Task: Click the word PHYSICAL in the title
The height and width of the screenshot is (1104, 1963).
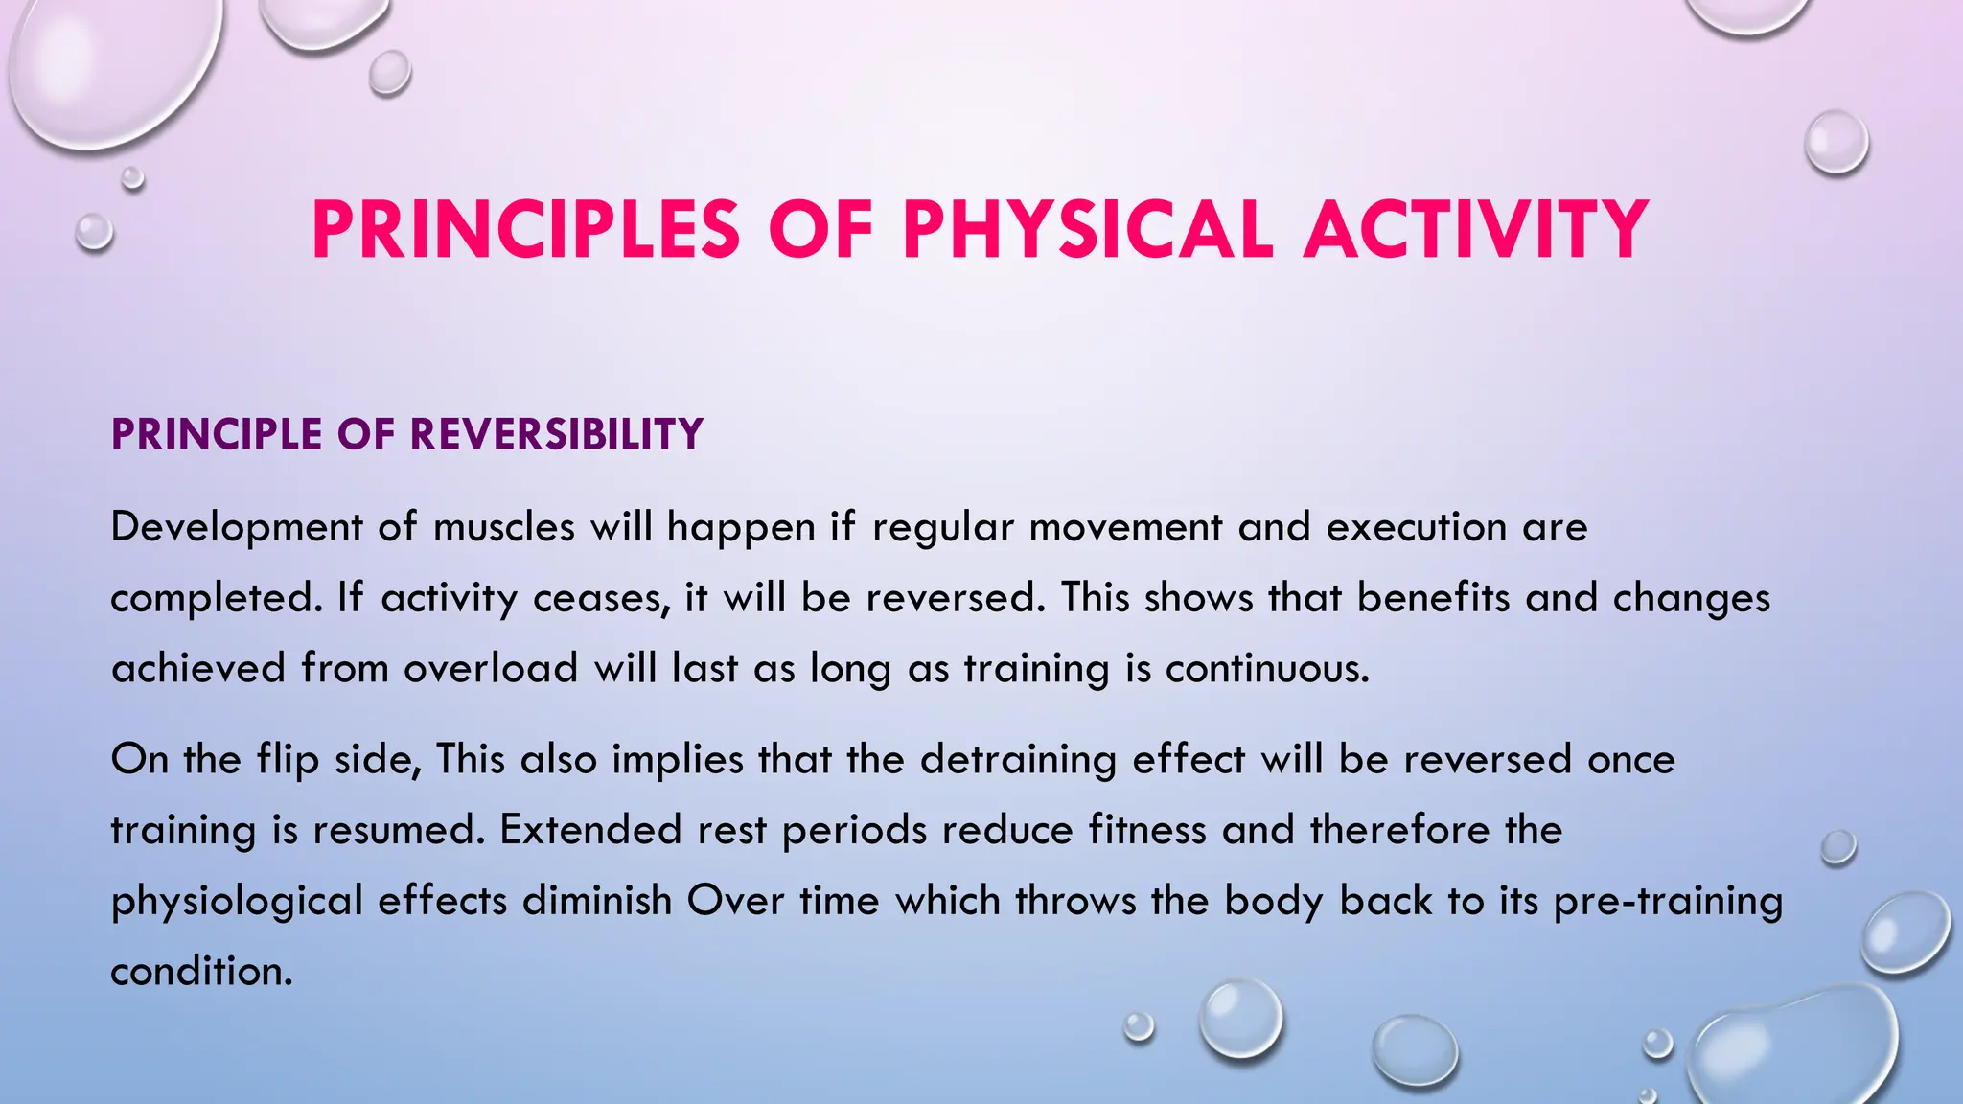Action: point(1088,230)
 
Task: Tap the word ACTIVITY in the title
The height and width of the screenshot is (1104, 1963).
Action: point(1476,230)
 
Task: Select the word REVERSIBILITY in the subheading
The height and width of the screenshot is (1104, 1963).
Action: point(557,434)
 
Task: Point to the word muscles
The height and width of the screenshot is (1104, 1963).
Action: point(504,527)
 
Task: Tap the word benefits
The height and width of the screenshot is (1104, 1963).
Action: point(1433,598)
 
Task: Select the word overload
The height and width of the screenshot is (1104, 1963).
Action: point(491,668)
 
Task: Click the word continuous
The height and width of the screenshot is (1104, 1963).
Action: point(1267,668)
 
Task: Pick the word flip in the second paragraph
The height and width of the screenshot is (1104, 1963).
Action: point(288,760)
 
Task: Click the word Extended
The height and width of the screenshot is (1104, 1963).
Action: point(590,830)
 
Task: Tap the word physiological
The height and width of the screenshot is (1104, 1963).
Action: point(237,902)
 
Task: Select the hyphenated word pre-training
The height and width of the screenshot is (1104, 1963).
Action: point(1668,902)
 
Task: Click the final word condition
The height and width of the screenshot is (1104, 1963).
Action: point(200,972)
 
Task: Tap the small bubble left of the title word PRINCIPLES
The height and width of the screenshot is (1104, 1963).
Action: point(94,232)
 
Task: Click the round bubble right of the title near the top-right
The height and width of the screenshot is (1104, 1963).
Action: point(1836,142)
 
